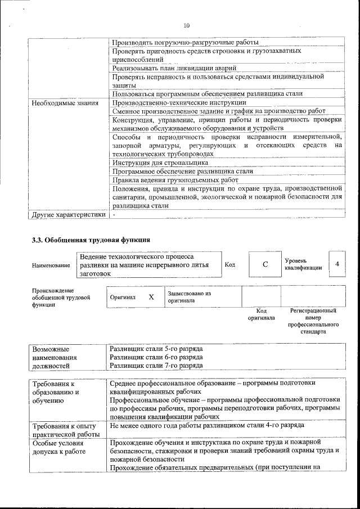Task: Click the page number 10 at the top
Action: (187, 25)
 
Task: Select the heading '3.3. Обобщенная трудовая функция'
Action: (91, 240)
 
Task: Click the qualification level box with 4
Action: (337, 264)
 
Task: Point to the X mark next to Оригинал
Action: (151, 296)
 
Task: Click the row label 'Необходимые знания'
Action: (65, 103)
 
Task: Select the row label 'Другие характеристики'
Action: (69, 214)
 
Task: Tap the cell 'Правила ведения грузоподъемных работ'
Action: (167, 180)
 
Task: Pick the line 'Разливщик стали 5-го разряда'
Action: (156, 349)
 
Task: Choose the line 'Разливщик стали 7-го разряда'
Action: (156, 366)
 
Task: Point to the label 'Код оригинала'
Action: (261, 314)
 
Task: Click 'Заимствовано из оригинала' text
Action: (189, 297)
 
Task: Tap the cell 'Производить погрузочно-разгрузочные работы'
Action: (185, 42)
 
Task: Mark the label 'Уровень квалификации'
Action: (303, 264)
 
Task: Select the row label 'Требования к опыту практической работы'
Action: (65, 430)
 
